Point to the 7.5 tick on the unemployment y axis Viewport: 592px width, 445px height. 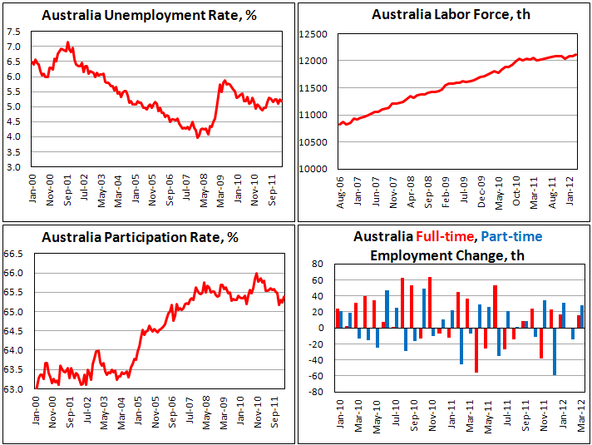14,31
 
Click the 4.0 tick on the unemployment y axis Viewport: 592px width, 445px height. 14,136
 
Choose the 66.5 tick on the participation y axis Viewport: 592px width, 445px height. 17,254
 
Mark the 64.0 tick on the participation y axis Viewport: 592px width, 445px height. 17,350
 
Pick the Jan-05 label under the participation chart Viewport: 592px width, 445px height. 137,417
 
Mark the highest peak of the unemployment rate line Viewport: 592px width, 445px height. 68,42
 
